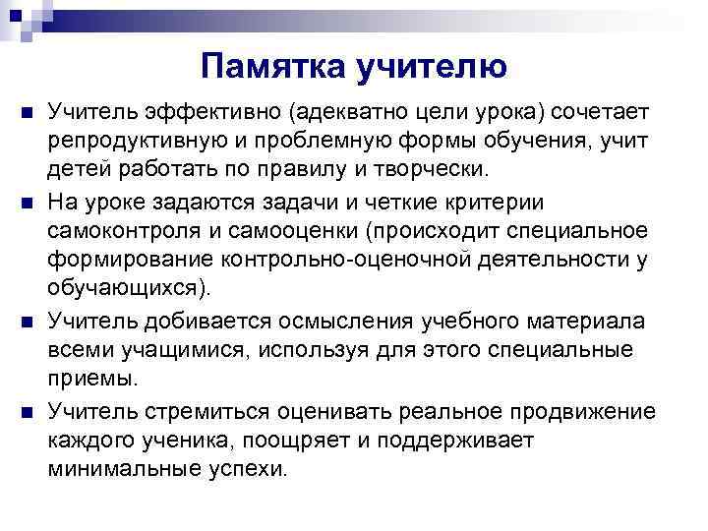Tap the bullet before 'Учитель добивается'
point(26,322)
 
